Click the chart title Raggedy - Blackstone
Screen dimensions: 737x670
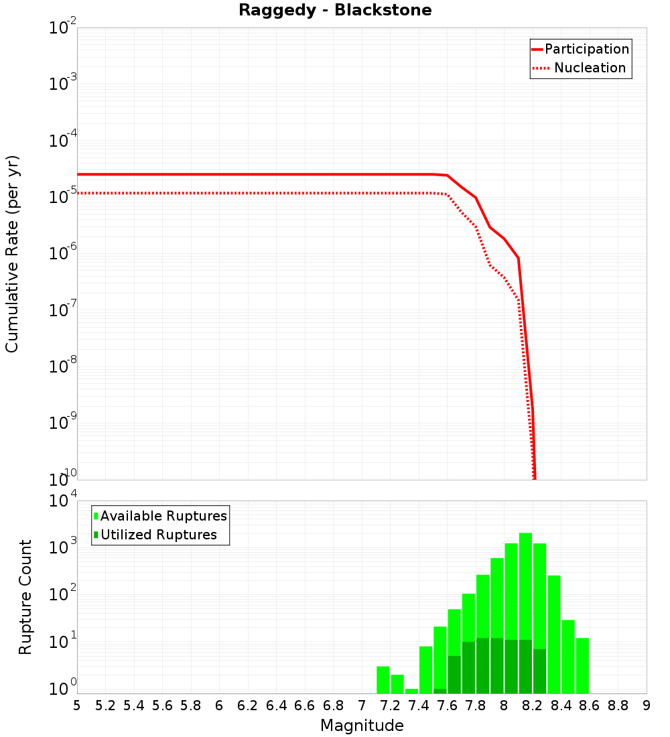click(x=335, y=10)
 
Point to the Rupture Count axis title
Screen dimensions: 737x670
click(x=25, y=597)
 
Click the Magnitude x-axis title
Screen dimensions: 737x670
click(x=362, y=726)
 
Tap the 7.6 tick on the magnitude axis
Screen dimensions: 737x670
click(x=448, y=706)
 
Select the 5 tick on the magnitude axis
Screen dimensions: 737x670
click(x=77, y=706)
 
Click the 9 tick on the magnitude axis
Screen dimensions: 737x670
click(x=647, y=706)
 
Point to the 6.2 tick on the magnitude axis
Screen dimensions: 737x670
click(x=248, y=706)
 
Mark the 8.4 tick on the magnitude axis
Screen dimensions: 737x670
click(x=561, y=706)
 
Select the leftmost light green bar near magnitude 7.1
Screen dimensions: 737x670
click(x=383, y=679)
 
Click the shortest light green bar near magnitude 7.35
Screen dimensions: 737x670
click(x=411, y=691)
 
